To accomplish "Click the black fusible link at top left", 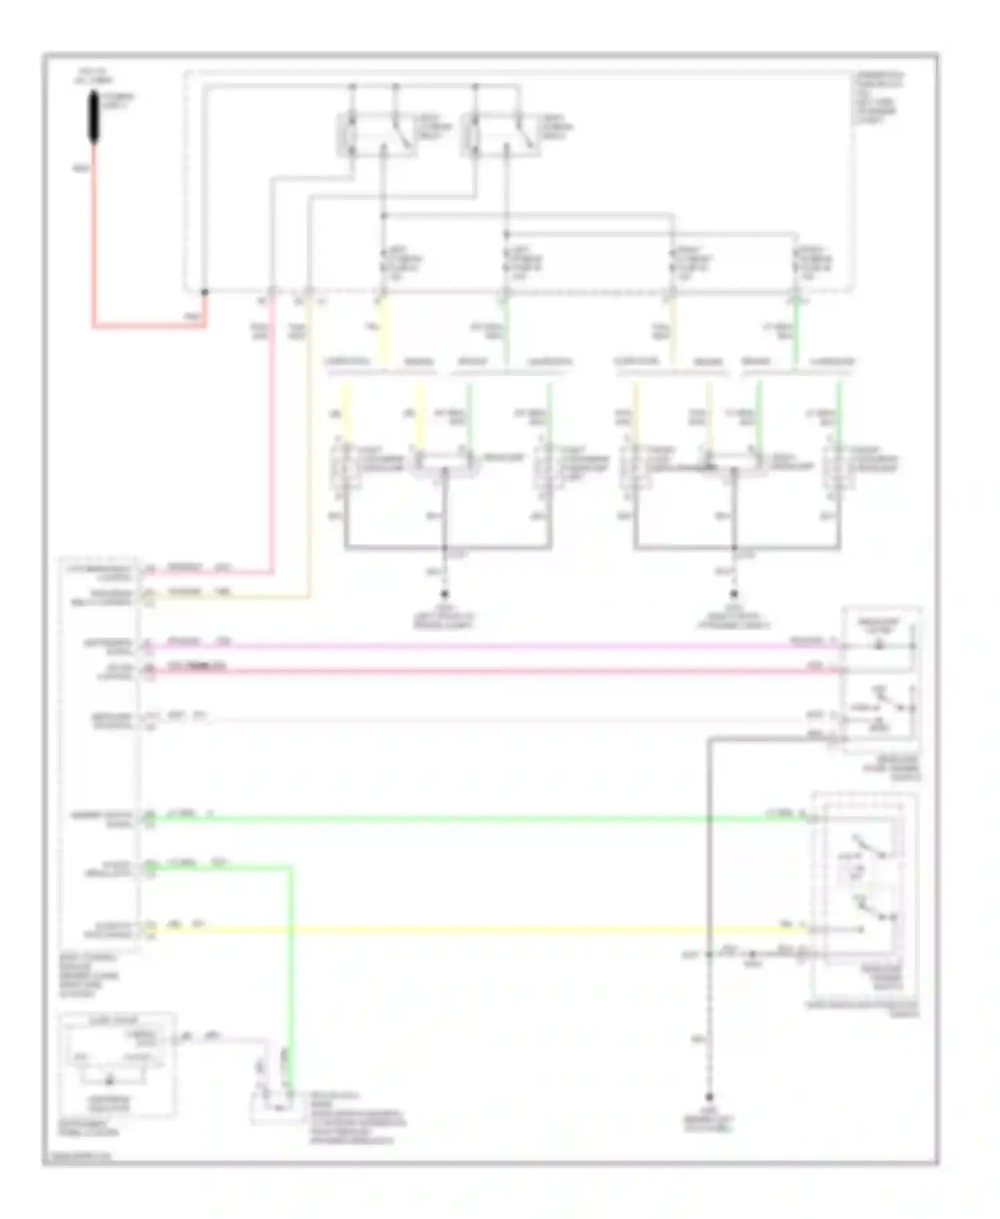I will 94,117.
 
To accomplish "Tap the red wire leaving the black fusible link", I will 93,240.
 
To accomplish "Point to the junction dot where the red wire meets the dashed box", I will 205,292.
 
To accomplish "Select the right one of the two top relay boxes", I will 500,135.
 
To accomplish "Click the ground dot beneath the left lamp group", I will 445,593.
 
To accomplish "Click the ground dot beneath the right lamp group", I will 734,593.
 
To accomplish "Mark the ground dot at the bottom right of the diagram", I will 709,1097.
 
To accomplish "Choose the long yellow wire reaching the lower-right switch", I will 467,930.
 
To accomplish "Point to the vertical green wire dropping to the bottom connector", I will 291,967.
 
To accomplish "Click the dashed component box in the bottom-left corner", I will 117,1064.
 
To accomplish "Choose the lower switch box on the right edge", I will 864,894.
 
